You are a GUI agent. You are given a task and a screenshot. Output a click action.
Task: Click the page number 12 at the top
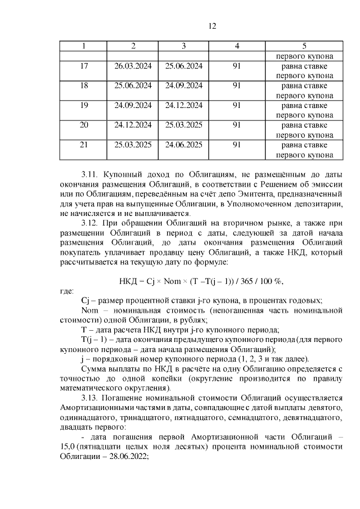coord(211,26)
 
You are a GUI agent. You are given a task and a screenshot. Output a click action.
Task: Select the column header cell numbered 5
coord(304,46)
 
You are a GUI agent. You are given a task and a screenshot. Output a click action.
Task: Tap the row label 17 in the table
coord(84,66)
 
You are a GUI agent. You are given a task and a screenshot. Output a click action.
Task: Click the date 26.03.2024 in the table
coord(133,66)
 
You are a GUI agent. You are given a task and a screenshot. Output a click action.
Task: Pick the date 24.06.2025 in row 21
coord(183,145)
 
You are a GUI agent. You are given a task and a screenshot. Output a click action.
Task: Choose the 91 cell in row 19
coord(236,105)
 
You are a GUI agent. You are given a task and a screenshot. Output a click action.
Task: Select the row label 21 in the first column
coord(84,145)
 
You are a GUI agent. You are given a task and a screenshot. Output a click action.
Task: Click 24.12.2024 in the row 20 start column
coord(133,125)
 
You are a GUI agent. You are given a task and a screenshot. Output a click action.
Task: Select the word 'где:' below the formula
coord(66,291)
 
